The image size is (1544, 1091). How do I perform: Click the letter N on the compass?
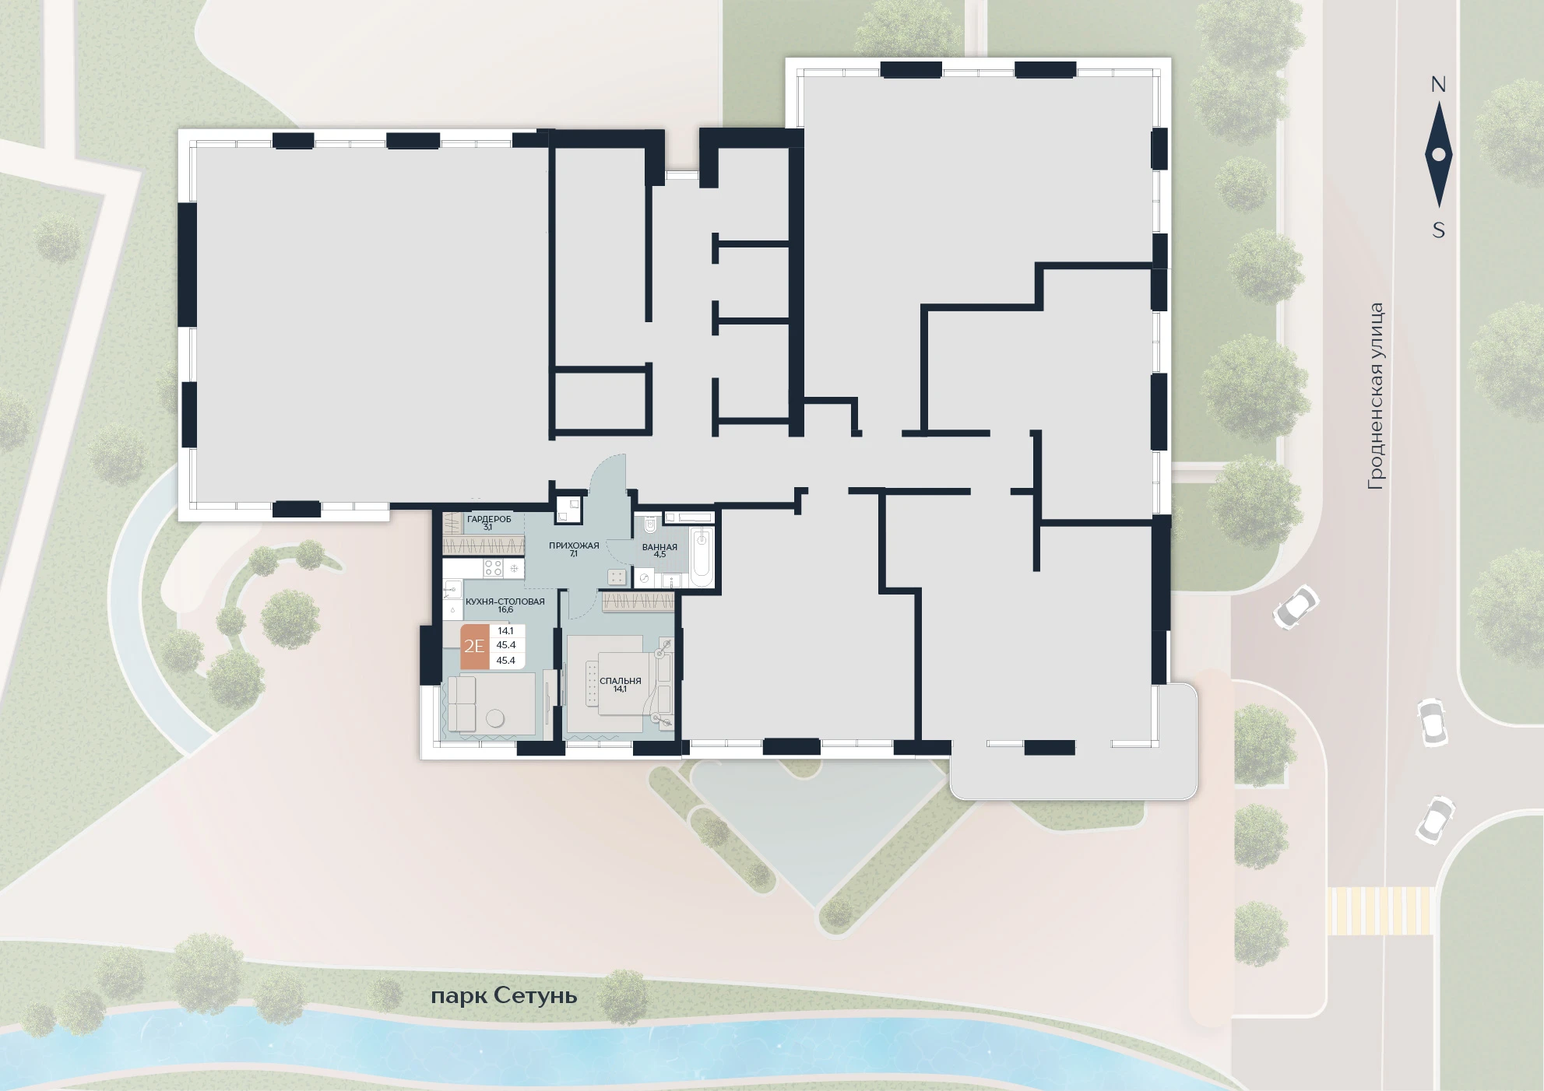click(1438, 85)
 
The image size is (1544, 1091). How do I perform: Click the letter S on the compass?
click(1439, 230)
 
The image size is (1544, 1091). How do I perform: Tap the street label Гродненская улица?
click(1377, 396)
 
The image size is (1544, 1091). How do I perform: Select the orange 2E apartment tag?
click(474, 646)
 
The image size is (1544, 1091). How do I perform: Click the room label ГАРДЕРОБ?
click(489, 519)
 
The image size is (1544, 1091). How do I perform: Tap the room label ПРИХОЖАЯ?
click(574, 545)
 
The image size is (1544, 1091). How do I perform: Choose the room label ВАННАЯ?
click(659, 547)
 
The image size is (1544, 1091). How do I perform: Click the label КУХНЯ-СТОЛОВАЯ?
click(505, 602)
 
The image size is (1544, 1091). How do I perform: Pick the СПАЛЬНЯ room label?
click(621, 681)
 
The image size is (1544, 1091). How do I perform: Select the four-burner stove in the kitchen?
click(493, 568)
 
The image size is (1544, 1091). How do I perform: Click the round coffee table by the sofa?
click(495, 719)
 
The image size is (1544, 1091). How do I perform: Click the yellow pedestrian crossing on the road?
click(1380, 910)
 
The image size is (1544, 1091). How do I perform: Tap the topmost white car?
click(1296, 607)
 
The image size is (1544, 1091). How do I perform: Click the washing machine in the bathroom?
click(645, 579)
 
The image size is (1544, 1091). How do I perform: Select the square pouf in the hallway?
click(617, 577)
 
